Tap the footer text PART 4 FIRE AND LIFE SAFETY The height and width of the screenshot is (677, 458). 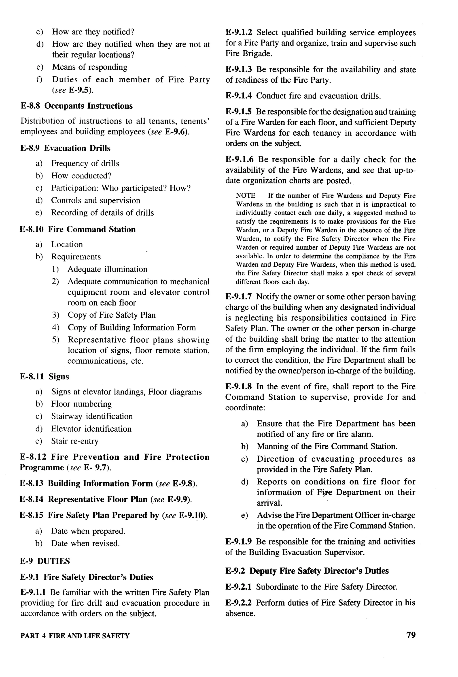[x=75, y=636]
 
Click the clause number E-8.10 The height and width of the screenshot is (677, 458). [x=32, y=229]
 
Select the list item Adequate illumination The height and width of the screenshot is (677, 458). [x=107, y=269]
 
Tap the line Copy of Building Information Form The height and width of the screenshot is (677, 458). [x=131, y=328]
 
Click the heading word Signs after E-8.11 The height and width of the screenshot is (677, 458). [x=59, y=377]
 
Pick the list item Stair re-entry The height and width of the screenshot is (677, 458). [x=75, y=441]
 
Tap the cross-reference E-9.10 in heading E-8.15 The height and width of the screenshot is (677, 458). [x=191, y=515]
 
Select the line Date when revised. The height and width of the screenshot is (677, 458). [x=85, y=543]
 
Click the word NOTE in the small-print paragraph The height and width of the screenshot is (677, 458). [x=245, y=195]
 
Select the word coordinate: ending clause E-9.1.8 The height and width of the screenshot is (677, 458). [x=245, y=407]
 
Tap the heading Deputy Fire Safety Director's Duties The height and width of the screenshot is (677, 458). [x=319, y=571]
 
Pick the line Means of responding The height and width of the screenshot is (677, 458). [x=90, y=67]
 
